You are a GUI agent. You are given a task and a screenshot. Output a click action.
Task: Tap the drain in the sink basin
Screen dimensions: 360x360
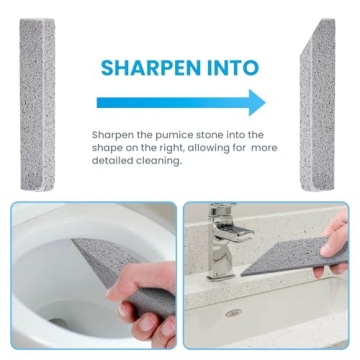pos(233,312)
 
